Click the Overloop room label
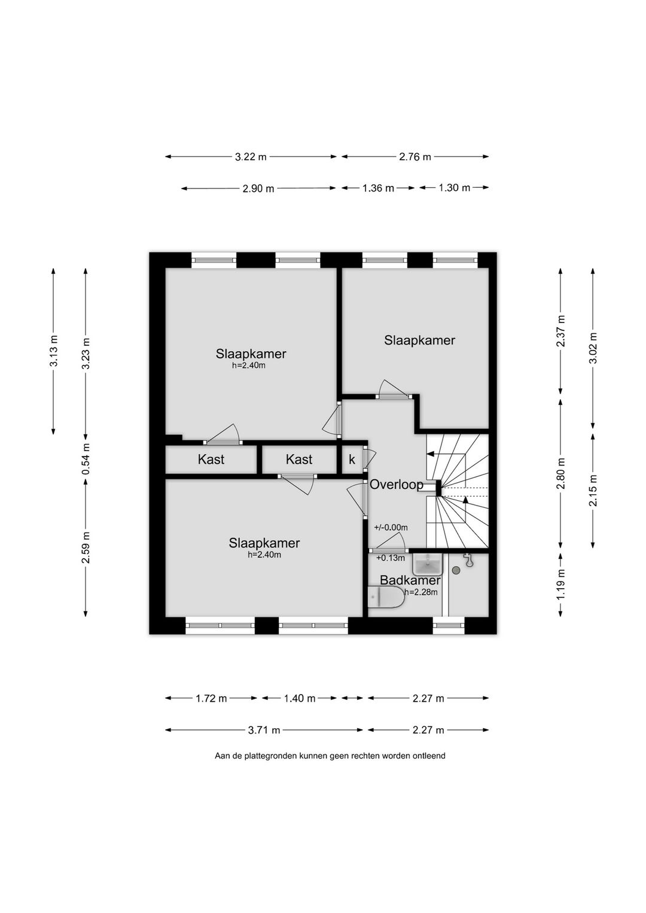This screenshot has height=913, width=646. tap(396, 485)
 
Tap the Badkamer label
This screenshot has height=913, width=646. tap(410, 580)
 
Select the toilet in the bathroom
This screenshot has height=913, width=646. tap(386, 597)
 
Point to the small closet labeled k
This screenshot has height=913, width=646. tap(352, 459)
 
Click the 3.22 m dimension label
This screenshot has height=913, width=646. tap(251, 157)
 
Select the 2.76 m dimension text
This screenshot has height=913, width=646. tap(415, 157)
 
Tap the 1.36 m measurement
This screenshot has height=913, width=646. tap(378, 188)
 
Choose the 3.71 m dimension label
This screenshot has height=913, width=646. tap(264, 730)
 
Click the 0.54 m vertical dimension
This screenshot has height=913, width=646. tap(86, 459)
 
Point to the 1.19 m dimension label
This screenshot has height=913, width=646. tap(561, 584)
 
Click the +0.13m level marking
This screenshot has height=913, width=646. tap(391, 558)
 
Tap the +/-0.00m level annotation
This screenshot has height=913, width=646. tap(391, 528)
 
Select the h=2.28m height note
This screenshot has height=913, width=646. tap(421, 592)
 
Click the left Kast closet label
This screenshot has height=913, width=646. tap(211, 459)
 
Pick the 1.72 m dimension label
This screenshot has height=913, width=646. tap(211, 698)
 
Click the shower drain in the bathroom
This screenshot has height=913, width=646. tap(456, 571)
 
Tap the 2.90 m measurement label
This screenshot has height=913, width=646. tap(258, 188)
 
